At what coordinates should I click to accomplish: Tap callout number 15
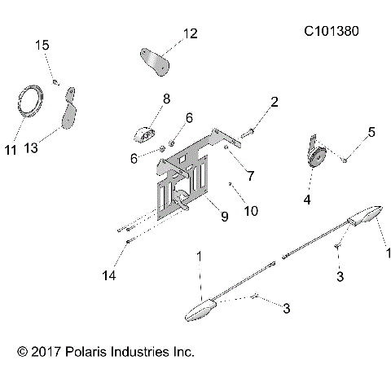click(x=42, y=46)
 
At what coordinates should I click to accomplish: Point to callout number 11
click(x=11, y=150)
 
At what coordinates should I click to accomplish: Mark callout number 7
click(x=250, y=174)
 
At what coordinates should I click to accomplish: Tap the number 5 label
click(x=371, y=130)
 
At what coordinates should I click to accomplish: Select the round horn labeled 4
click(x=316, y=154)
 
